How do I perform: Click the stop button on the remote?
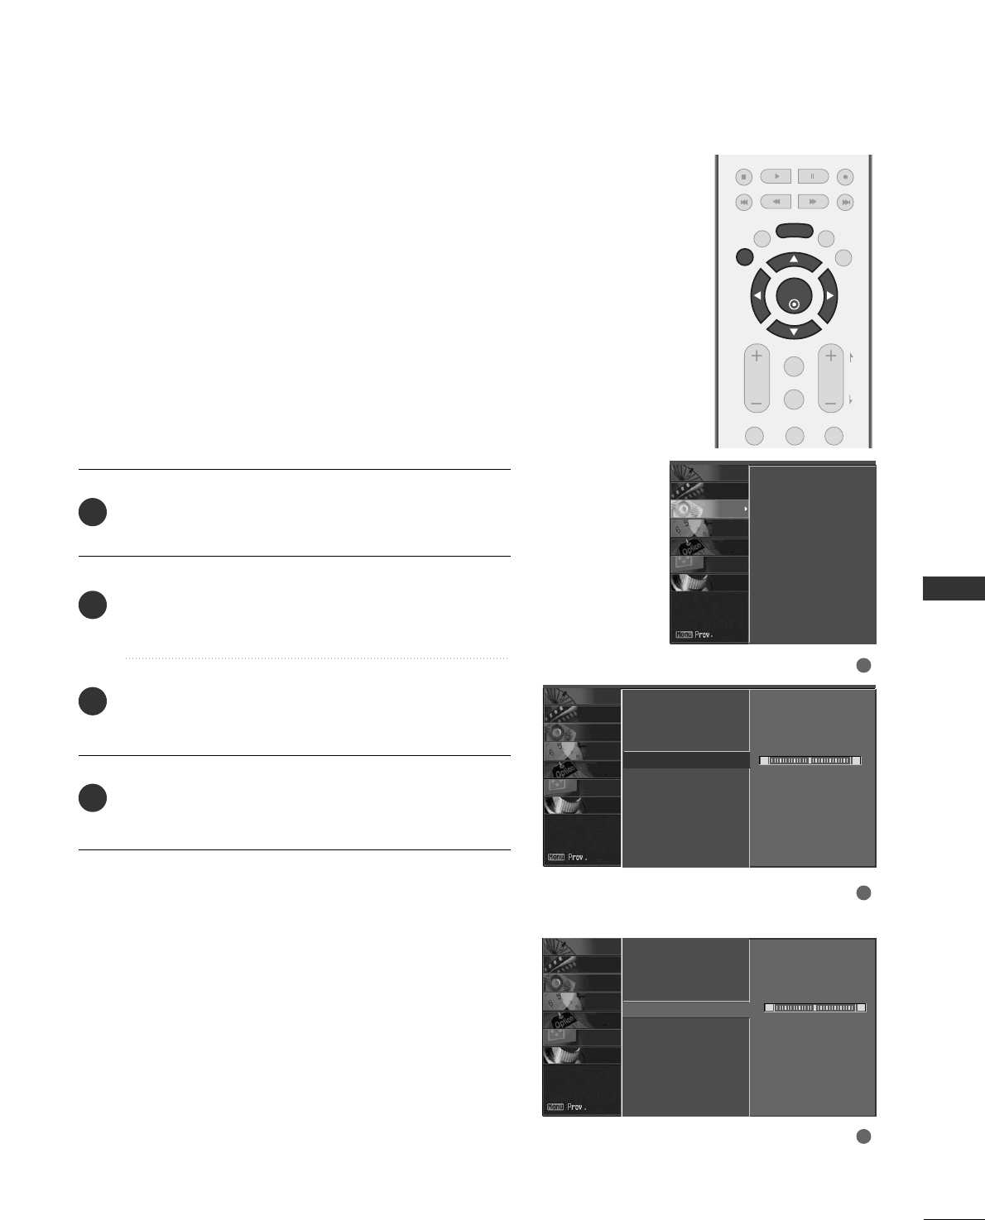pos(743,177)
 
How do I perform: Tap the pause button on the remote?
pos(813,176)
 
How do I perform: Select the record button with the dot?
pos(845,176)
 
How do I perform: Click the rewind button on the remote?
pos(776,202)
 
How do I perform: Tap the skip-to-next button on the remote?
pos(845,202)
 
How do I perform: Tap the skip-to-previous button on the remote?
pos(743,202)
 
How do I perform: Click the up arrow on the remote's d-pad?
pos(794,260)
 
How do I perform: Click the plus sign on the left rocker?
pos(757,356)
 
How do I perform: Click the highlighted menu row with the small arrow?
pos(709,510)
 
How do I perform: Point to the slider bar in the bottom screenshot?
pos(815,1007)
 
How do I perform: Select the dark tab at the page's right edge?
pos(954,588)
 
